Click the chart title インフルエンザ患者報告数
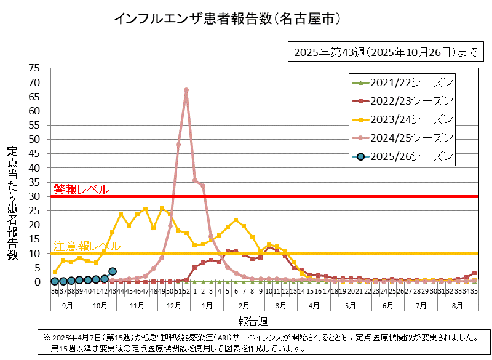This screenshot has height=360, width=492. point(227,19)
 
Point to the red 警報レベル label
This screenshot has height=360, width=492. point(81,190)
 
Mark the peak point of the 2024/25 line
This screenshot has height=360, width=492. point(186,90)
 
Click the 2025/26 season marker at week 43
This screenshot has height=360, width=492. point(113,271)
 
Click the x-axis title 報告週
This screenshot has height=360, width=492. point(253,321)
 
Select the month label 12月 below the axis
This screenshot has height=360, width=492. point(174,306)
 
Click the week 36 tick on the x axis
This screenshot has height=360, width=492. point(55,292)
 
